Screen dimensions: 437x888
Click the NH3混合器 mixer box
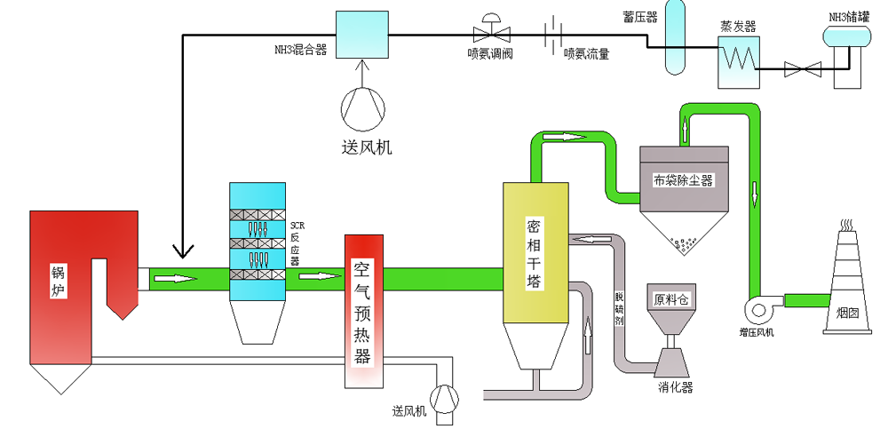(x=361, y=35)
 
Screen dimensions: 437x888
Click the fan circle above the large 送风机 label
(x=362, y=106)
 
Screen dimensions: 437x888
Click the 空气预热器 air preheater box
(x=362, y=312)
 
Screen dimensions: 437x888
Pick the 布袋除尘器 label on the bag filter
(x=684, y=180)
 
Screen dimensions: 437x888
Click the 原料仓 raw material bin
(x=671, y=300)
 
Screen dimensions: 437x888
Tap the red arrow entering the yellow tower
(x=591, y=238)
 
